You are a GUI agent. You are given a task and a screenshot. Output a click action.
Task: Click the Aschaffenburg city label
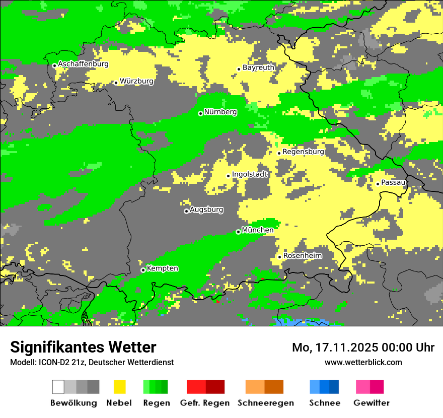coord(83,64)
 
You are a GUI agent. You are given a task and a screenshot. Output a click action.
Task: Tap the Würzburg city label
coord(136,81)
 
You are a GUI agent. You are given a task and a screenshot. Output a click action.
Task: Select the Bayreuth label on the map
coord(258,67)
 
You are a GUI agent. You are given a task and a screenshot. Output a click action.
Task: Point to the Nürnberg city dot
coord(200,113)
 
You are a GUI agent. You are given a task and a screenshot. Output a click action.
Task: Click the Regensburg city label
coord(303,152)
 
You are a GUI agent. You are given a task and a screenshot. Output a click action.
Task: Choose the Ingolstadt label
coord(250,174)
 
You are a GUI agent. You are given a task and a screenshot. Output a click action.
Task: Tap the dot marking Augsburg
coord(186,211)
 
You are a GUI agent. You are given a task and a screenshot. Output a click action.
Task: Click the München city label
coord(258,230)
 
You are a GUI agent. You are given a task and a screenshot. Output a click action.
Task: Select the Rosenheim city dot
coord(280,257)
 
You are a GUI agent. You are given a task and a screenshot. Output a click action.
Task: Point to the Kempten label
coord(162,268)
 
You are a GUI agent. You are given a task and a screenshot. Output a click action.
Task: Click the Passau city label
coord(393,182)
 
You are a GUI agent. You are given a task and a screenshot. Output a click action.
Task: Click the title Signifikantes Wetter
coord(83,347)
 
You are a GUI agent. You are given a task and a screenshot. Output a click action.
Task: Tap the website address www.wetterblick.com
coord(363,362)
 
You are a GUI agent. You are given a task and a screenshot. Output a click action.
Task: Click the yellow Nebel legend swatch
coord(119,387)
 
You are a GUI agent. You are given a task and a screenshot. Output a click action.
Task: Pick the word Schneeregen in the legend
coord(266,403)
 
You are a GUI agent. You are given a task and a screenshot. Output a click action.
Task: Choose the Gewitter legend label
coord(371,403)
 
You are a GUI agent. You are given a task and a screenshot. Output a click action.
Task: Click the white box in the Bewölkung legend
coord(58,387)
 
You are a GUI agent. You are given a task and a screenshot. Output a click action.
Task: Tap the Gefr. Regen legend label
coord(204,403)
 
